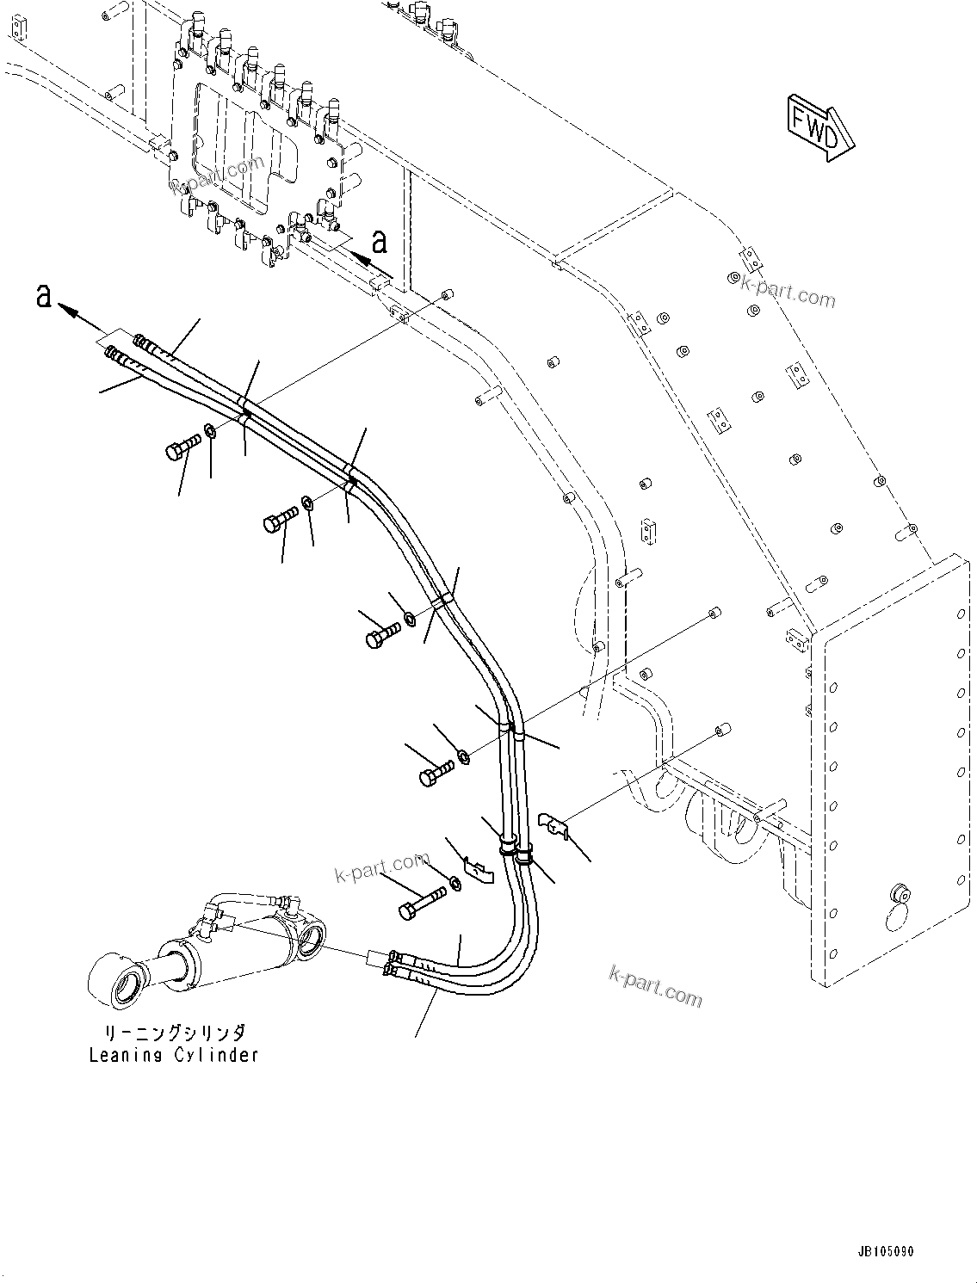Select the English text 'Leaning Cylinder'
[x=173, y=1055]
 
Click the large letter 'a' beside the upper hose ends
[x=42, y=297]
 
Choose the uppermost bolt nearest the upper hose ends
[x=180, y=447]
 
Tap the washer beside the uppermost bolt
[x=210, y=430]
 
